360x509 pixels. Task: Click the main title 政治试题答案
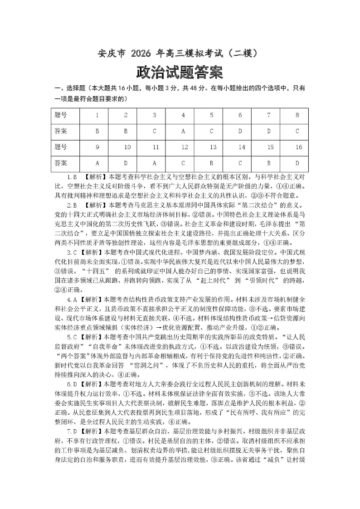(180, 72)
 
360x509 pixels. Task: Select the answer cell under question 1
(97, 131)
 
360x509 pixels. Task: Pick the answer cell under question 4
(183, 131)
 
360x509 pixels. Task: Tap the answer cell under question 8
(297, 131)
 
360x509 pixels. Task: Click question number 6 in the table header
(240, 115)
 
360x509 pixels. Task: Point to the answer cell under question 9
(97, 163)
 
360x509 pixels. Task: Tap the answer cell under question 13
(212, 163)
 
